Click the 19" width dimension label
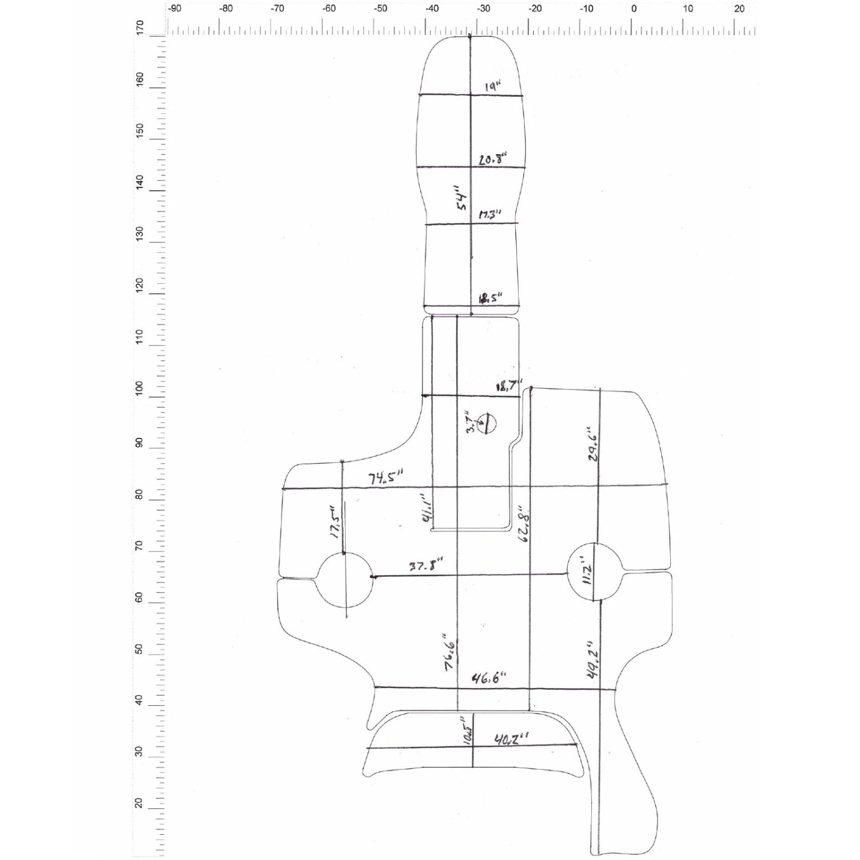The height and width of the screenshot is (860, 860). (x=492, y=87)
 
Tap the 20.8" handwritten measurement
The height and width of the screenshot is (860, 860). (x=492, y=159)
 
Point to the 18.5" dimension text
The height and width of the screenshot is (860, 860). (x=490, y=298)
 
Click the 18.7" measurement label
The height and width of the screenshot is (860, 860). (x=509, y=386)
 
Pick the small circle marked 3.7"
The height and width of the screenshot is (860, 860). (x=487, y=423)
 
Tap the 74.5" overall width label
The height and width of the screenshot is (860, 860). (x=385, y=477)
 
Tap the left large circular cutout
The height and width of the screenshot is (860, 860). (x=344, y=580)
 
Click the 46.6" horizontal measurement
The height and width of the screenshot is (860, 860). (x=488, y=679)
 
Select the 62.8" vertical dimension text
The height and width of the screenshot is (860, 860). (x=523, y=522)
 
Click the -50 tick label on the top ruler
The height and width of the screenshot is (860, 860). (x=380, y=9)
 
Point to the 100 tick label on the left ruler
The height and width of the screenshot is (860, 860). (x=139, y=389)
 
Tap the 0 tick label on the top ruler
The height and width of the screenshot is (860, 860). (x=634, y=9)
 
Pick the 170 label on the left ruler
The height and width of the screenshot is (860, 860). (x=139, y=28)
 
